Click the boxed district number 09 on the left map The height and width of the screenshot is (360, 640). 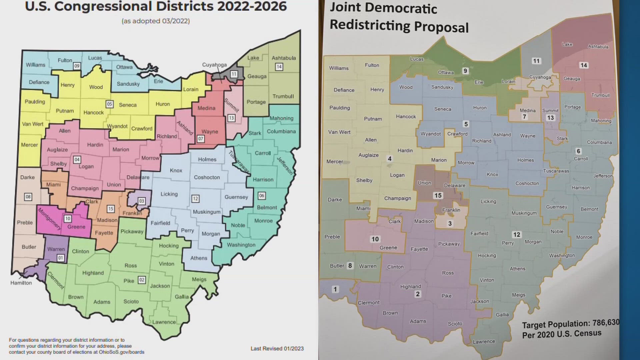77,66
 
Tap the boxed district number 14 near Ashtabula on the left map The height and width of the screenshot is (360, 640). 279,67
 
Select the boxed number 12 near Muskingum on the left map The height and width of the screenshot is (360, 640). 195,199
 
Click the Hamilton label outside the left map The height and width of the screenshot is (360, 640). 21,283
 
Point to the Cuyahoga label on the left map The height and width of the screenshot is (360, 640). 214,65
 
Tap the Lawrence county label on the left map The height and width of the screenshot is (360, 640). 164,322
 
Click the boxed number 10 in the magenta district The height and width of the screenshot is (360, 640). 68,219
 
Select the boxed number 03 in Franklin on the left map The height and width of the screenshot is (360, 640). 142,201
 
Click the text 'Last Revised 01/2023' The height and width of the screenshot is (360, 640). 277,348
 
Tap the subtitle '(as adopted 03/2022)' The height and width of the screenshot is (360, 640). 156,21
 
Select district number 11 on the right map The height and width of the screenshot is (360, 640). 536,61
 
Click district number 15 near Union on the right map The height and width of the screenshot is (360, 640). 438,196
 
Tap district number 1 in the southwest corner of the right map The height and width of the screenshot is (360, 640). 335,289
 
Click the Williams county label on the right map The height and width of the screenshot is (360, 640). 339,68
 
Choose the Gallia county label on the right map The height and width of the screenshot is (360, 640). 502,315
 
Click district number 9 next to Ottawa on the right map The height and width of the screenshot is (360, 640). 465,71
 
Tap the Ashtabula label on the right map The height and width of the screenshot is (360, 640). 598,47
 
